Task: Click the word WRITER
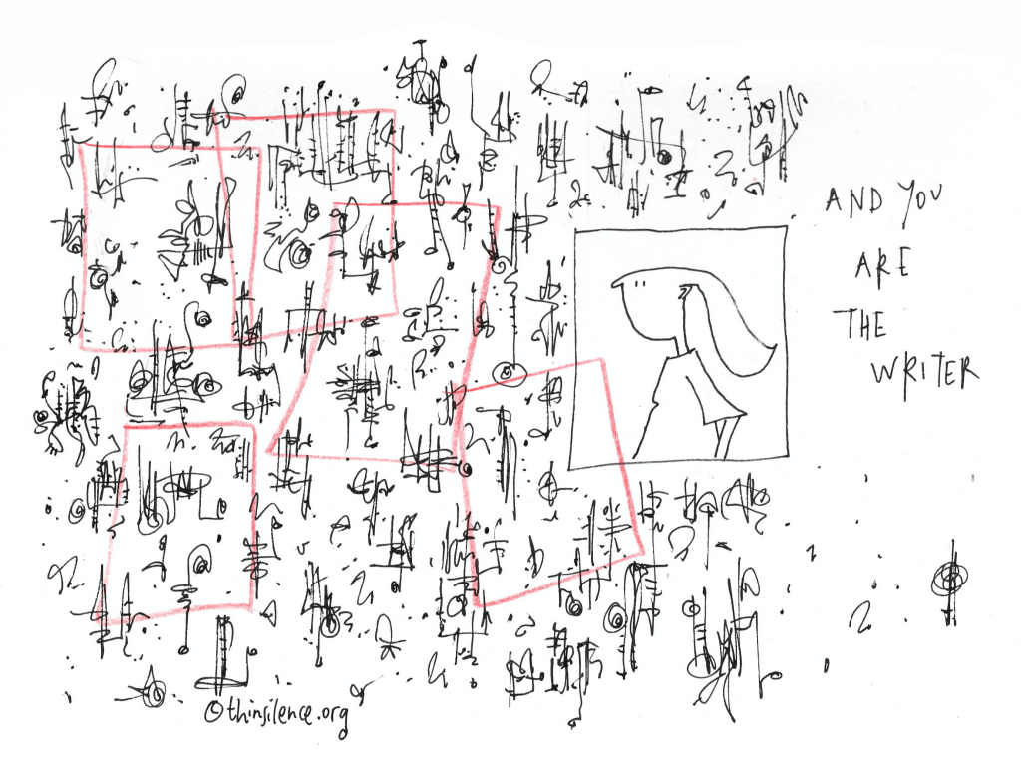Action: click(x=924, y=371)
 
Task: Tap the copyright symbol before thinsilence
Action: click(x=213, y=711)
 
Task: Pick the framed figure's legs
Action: click(x=722, y=438)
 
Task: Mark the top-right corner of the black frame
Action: click(x=786, y=226)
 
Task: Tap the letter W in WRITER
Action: click(x=885, y=373)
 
